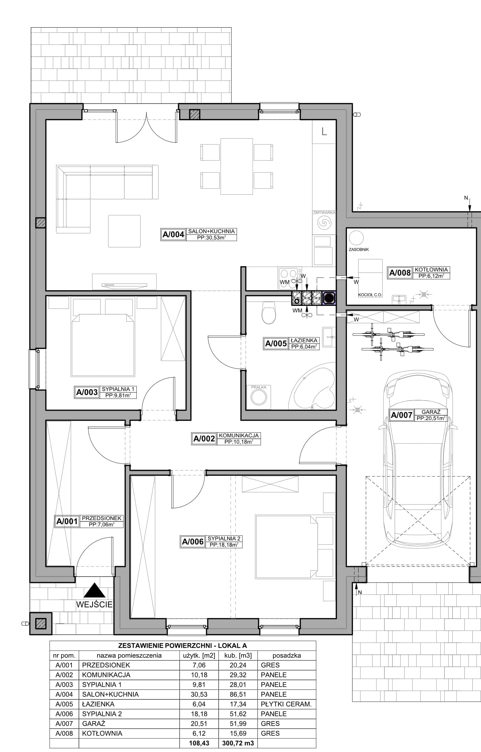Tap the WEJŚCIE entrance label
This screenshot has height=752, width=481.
point(94,604)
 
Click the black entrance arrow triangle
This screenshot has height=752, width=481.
point(94,590)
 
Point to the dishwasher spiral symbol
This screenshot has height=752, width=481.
point(324,222)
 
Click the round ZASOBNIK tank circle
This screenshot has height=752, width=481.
point(356,238)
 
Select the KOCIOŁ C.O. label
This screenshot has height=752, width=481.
point(370,295)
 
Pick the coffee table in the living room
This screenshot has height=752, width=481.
point(124,231)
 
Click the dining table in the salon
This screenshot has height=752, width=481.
point(237,166)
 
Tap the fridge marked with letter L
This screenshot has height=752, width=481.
point(324,131)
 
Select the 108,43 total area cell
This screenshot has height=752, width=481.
point(199,743)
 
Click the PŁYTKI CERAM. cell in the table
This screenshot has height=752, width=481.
point(286,704)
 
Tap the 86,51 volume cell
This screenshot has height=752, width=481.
point(238,694)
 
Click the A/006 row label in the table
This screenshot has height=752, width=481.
point(64,714)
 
